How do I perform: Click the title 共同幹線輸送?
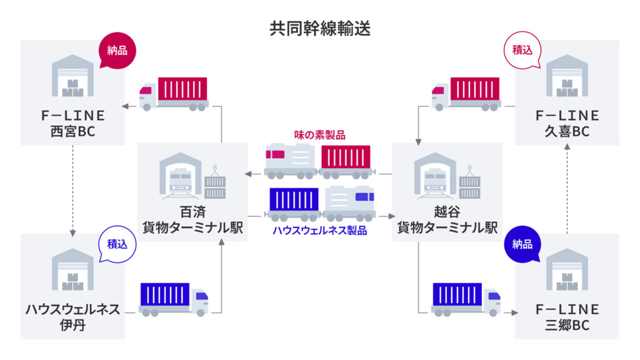pos(319,28)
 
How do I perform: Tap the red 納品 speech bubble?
pos(117,50)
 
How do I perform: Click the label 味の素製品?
pos(319,134)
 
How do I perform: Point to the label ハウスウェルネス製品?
pos(319,230)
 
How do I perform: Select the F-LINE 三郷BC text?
pos(567,317)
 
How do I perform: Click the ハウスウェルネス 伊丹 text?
pos(73,317)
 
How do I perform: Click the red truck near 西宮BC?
pos(173,94)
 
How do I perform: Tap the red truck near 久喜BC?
pos(466,94)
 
